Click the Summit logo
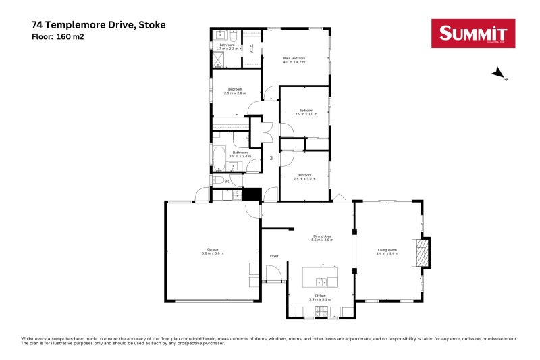473,34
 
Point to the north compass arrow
497,72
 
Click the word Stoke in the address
151,25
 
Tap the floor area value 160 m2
71,36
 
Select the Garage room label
212,250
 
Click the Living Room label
387,250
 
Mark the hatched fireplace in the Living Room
421,252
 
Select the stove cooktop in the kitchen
323,311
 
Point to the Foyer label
274,256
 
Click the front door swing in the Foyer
274,274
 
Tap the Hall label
271,159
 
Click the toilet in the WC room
216,180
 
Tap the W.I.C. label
252,48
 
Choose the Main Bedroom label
294,59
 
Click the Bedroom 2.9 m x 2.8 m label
235,91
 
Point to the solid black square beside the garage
252,195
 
